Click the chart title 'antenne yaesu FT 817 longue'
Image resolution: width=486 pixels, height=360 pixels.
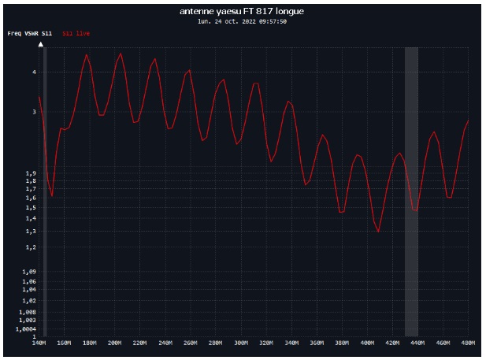tap(243, 12)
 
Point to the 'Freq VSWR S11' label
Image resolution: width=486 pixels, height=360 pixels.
tap(31, 34)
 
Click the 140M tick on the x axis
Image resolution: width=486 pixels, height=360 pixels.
tap(39, 343)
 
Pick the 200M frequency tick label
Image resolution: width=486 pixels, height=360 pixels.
tap(114, 343)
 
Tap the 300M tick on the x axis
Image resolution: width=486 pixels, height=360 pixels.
tap(241, 343)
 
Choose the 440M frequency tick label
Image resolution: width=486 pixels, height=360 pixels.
tap(417, 343)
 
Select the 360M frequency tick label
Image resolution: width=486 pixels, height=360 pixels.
tap(317, 343)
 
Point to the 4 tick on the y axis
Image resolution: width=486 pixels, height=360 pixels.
tap(34, 72)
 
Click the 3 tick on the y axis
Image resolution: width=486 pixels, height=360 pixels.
tap(34, 112)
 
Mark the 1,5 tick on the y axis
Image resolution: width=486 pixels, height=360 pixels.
tap(32, 208)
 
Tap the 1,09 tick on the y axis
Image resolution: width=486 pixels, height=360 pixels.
tap(30, 273)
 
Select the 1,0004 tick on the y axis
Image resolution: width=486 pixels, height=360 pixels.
tap(27, 329)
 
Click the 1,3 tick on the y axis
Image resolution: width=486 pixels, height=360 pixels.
tap(32, 232)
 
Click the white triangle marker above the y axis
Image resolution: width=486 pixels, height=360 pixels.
tap(41, 45)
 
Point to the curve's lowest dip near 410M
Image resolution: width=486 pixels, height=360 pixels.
tap(379, 232)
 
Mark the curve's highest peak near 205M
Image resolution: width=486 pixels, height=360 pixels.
tap(121, 54)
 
